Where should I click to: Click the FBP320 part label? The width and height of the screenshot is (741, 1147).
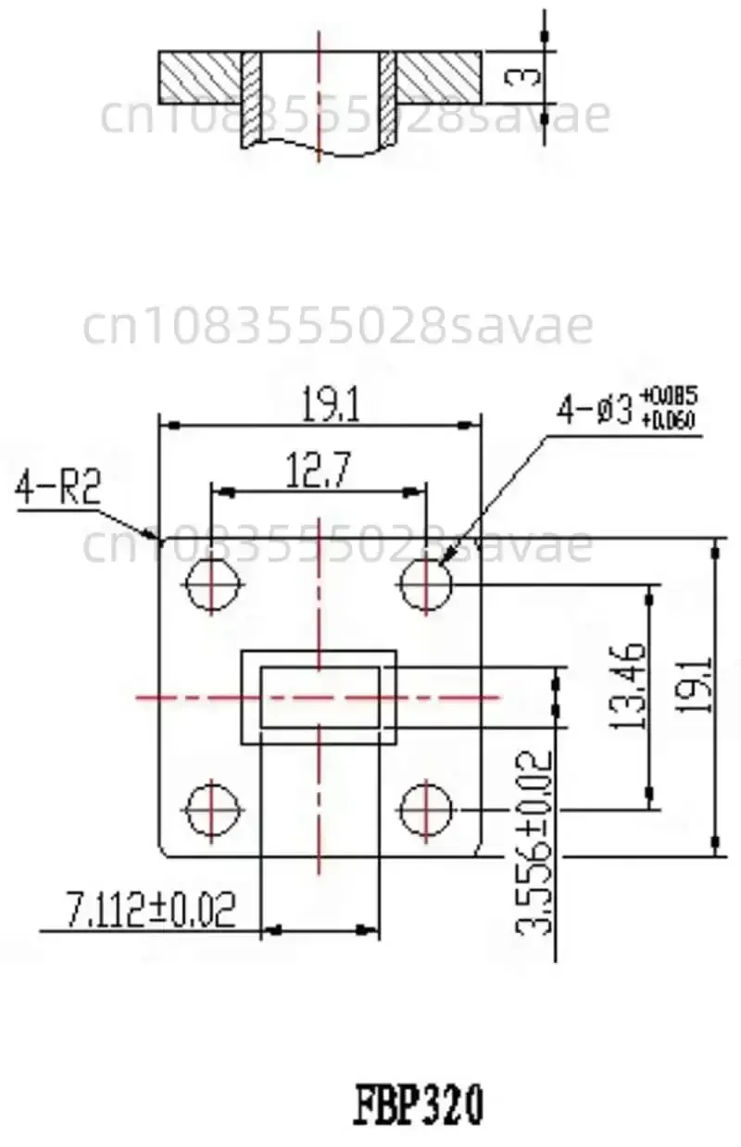(419, 1104)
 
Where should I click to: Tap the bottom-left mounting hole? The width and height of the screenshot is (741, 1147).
(213, 807)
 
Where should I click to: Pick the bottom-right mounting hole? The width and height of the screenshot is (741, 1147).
(426, 807)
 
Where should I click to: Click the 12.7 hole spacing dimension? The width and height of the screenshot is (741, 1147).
(318, 473)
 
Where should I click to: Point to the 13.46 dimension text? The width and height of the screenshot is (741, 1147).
(629, 684)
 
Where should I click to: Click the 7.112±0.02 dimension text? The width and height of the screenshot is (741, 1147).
(150, 909)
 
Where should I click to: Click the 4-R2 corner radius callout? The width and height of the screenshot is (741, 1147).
(57, 489)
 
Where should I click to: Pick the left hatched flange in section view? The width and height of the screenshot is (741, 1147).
(200, 77)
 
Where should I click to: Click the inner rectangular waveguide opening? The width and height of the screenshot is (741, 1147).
(319, 696)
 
